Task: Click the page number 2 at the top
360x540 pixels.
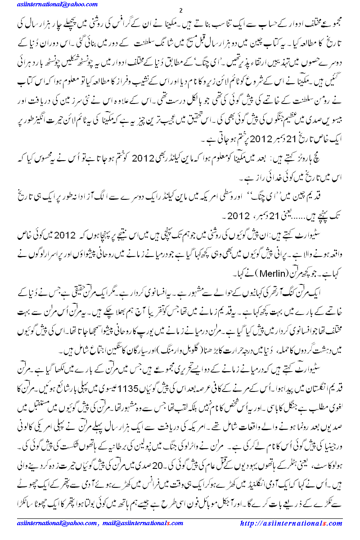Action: (180, 10)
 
